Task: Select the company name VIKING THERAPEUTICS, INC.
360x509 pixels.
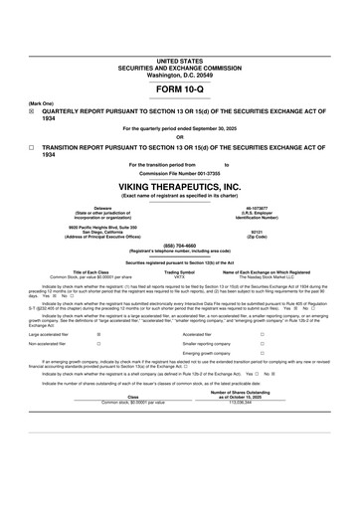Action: click(179, 186)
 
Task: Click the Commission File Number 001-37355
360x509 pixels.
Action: click(179, 172)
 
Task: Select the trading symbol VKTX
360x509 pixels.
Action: click(179, 275)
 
